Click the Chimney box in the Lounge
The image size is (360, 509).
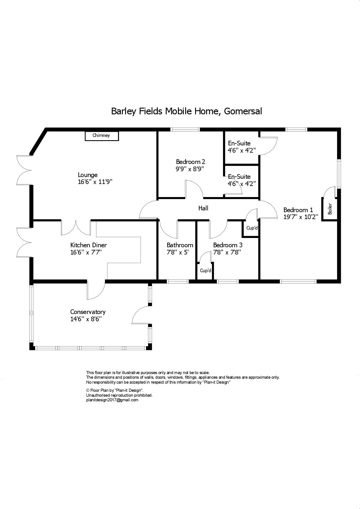point(102,136)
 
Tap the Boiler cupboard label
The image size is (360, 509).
point(330,209)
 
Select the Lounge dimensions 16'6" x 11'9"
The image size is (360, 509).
point(95,182)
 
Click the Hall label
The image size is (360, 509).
point(203,208)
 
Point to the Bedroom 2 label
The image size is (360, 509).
point(190,162)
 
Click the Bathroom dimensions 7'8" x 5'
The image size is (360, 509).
point(178,252)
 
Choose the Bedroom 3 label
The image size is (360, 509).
point(228,245)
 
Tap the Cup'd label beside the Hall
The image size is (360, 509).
point(252,228)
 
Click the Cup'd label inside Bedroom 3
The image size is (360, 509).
point(206,271)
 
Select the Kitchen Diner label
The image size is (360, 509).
point(89,245)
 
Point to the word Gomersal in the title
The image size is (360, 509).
point(243,111)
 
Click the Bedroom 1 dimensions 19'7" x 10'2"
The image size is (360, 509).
point(301,217)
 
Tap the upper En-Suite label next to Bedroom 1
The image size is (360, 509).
point(239,143)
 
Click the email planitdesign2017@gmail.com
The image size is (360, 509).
point(112,400)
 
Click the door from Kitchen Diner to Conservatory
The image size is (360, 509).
point(96,290)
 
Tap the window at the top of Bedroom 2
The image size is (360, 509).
point(185,129)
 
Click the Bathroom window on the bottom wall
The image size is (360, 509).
point(178,281)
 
